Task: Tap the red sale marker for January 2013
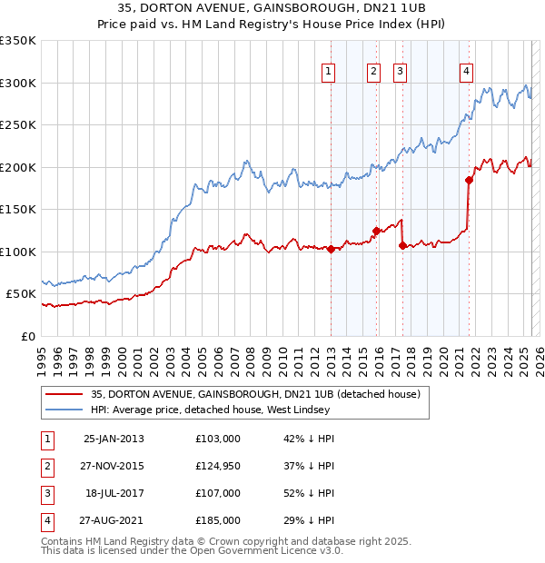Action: pyautogui.click(x=331, y=250)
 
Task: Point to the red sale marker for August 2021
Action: pyautogui.click(x=469, y=180)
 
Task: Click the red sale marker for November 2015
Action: pyautogui.click(x=376, y=231)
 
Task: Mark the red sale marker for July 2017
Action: pyautogui.click(x=402, y=245)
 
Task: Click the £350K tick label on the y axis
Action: pyautogui.click(x=18, y=41)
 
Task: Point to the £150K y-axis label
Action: pyautogui.click(x=18, y=209)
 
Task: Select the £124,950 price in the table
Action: pyautogui.click(x=218, y=465)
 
